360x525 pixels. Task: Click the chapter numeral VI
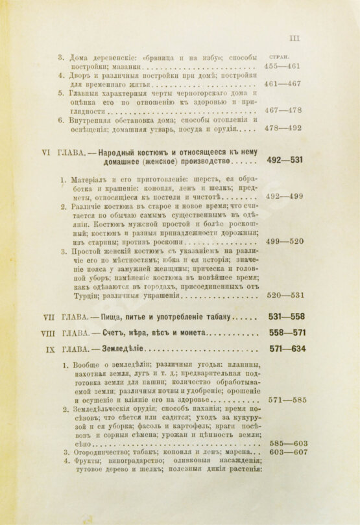pos(46,152)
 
